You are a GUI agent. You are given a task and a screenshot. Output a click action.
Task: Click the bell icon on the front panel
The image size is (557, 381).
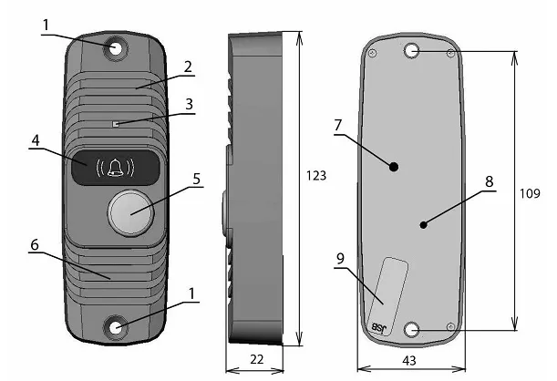coord(116,167)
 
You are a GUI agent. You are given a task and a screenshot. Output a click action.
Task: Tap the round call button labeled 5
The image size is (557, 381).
coord(131,213)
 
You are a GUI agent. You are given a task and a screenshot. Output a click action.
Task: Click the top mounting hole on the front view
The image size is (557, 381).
coord(115,48)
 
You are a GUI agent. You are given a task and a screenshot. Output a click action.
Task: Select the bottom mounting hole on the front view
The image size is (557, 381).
coord(116,327)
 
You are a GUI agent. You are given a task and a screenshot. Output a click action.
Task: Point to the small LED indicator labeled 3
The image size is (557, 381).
coord(116,124)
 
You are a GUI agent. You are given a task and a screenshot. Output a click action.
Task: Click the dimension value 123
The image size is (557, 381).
coord(316,175)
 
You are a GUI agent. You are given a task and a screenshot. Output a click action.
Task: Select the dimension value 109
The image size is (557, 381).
coord(530,193)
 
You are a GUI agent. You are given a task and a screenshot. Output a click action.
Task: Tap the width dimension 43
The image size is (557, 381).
coord(409,361)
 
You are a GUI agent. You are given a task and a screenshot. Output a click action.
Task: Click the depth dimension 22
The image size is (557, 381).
coord(256,359)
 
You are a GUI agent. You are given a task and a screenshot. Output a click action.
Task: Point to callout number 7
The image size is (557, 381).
coord(338,125)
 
